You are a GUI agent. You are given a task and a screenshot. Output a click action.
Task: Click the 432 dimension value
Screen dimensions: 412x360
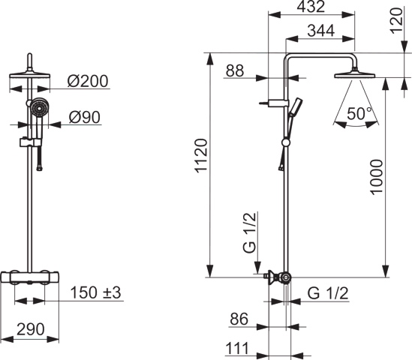tap(311, 7)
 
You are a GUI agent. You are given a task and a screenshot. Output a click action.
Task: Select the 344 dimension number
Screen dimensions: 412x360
tap(321, 31)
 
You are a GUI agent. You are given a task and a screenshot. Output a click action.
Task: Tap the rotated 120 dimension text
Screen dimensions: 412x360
tap(397, 20)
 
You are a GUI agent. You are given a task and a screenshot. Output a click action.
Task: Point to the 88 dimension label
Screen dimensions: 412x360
tap(235, 70)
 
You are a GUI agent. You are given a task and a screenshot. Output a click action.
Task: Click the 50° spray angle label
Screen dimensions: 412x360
tap(359, 114)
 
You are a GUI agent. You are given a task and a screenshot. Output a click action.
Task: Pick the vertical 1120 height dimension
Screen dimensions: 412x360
tap(202, 156)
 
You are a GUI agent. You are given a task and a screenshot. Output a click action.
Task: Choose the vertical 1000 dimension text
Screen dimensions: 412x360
tap(376, 177)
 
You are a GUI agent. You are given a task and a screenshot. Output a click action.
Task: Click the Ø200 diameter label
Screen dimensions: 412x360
tap(88, 81)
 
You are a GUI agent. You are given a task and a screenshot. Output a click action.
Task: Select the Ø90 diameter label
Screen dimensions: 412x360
tap(85, 117)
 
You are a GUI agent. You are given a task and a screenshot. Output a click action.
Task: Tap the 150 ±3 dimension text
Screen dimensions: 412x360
tap(95, 292)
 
